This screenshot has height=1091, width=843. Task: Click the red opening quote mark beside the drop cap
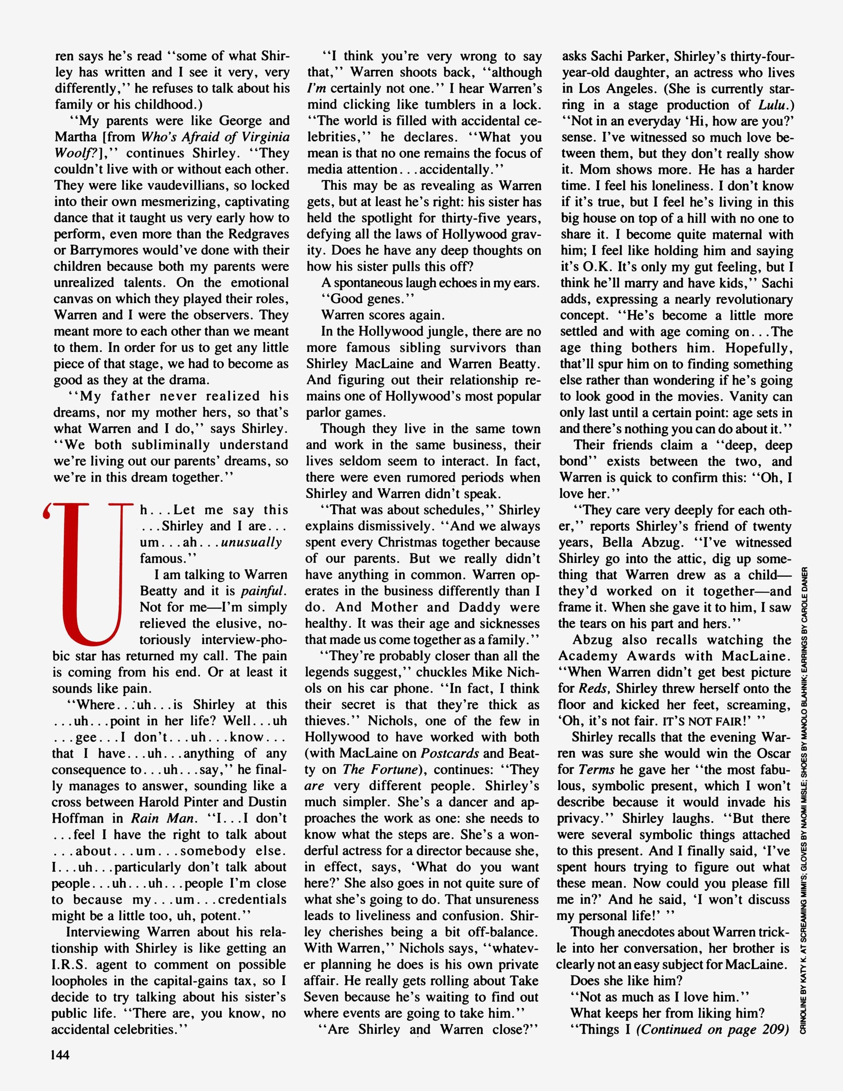[48, 511]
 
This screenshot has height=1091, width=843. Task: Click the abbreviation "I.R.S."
[69, 965]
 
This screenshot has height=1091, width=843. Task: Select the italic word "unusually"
[252, 543]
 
